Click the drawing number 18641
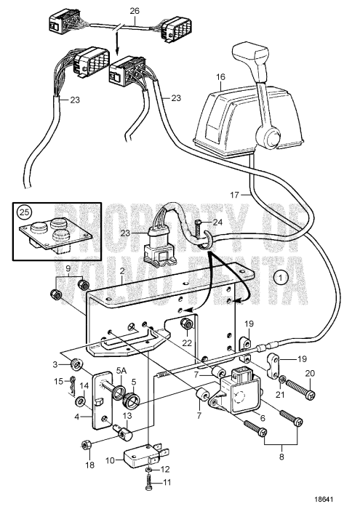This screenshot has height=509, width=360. (336, 500)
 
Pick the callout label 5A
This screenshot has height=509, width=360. (121, 370)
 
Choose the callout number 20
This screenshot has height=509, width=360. (311, 372)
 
